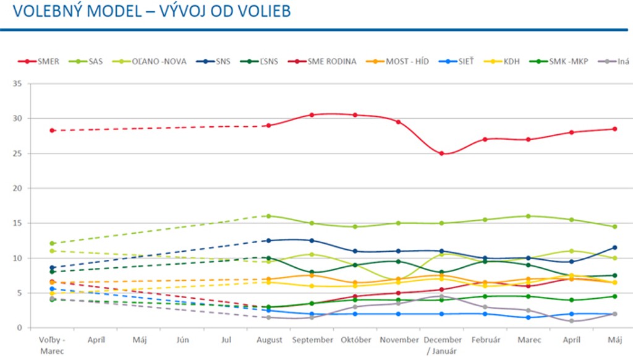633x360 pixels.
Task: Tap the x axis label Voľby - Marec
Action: pyautogui.click(x=53, y=345)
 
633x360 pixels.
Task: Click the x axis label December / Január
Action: pyautogui.click(x=441, y=345)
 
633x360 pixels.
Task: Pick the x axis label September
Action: pyautogui.click(x=312, y=340)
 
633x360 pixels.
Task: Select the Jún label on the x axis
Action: pyautogui.click(x=182, y=340)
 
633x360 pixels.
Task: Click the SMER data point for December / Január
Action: pyautogui.click(x=441, y=153)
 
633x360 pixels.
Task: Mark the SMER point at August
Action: pyautogui.click(x=268, y=126)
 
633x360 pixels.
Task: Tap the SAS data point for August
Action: pyautogui.click(x=268, y=216)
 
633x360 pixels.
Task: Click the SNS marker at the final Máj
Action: pyautogui.click(x=614, y=247)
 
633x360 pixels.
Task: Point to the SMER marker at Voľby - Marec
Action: pyautogui.click(x=53, y=131)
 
